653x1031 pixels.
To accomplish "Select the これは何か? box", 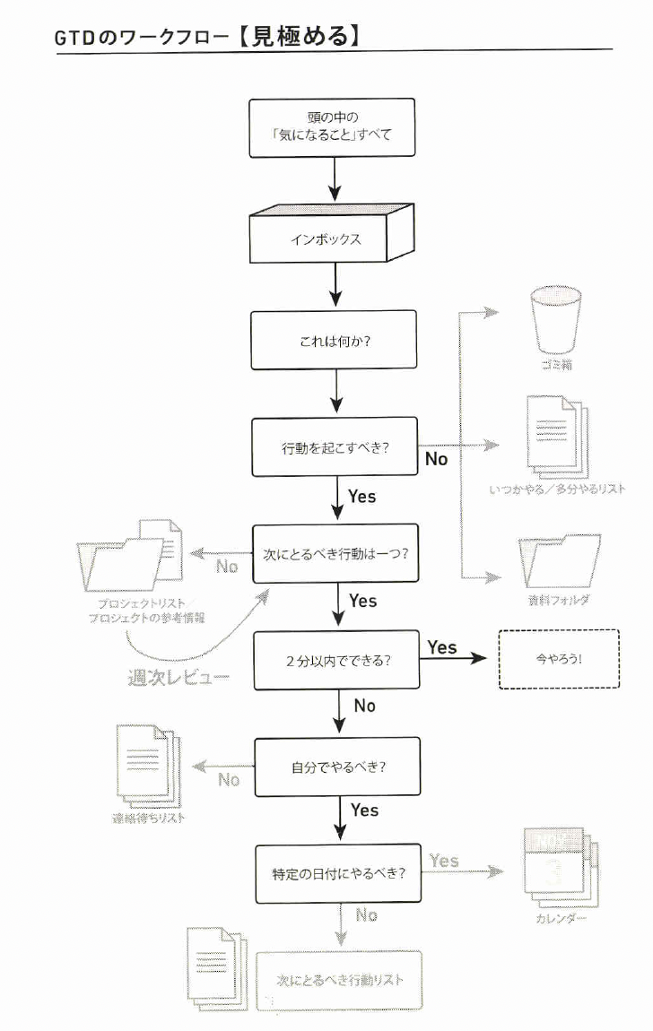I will click(x=334, y=340).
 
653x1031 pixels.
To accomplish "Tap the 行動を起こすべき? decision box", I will click(x=334, y=446).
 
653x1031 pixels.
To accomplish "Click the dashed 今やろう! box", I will click(x=558, y=659).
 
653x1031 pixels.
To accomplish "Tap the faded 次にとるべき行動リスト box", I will click(x=339, y=980).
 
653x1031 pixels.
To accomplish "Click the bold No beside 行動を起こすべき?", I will click(x=436, y=459).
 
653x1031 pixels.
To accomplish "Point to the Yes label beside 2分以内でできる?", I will click(x=442, y=646).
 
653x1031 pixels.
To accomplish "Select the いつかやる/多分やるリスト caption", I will click(x=557, y=490).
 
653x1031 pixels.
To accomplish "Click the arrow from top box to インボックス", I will click(x=334, y=181).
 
